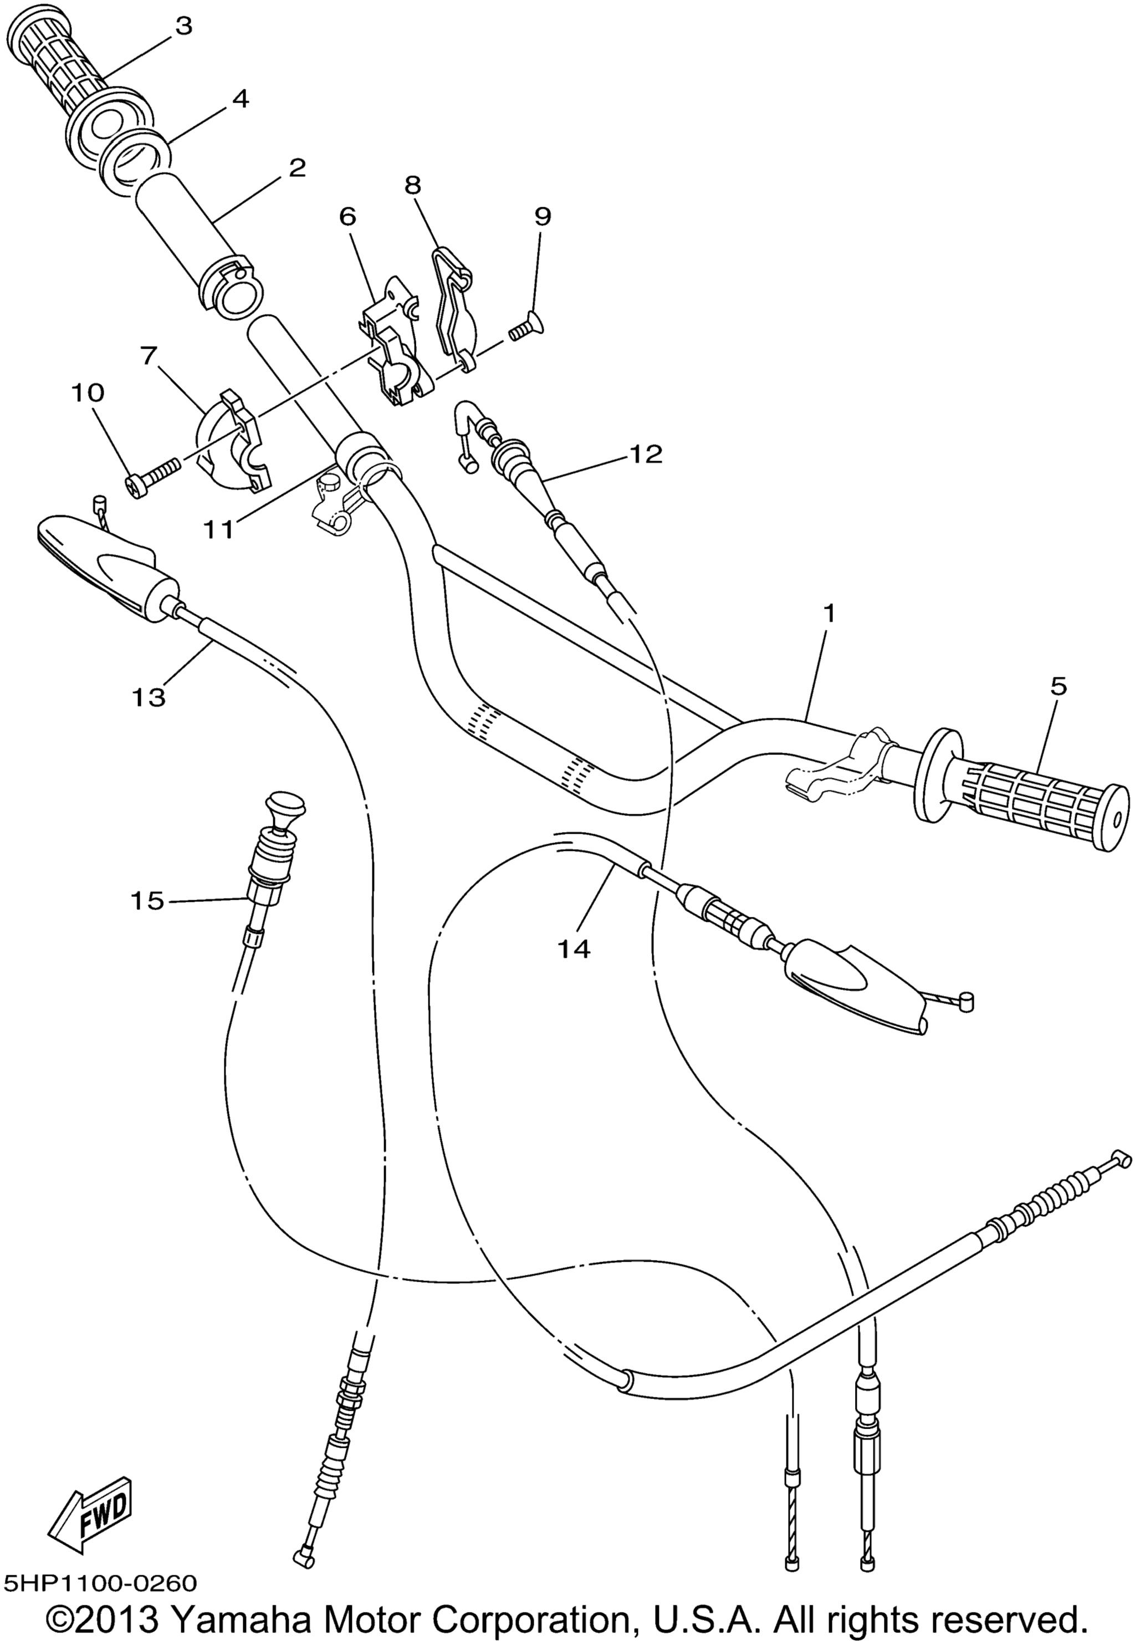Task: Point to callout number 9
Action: [x=543, y=216]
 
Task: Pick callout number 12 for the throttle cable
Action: [x=645, y=454]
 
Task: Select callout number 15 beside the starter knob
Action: [x=147, y=901]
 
